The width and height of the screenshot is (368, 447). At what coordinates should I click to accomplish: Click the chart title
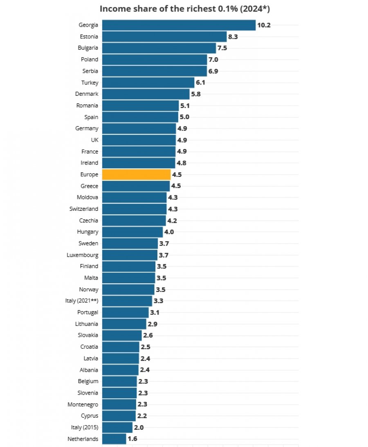pos(184,9)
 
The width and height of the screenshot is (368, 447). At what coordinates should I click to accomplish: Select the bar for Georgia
pos(179,25)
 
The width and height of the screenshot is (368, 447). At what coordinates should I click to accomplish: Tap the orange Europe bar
pos(137,174)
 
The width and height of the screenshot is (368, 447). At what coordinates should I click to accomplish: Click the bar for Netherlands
pos(114,439)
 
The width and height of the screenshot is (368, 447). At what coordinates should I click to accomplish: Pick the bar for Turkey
pos(148,83)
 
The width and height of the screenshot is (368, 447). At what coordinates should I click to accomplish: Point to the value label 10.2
pos(264,25)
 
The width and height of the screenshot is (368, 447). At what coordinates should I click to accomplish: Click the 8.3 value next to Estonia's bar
pos(233,36)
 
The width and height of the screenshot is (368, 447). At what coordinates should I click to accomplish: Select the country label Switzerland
pos(84,209)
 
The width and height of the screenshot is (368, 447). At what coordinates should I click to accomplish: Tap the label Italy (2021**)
pos(82,301)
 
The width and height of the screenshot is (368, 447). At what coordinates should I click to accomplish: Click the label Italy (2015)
pos(85,427)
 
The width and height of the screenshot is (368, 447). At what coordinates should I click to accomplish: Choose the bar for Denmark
pos(146,94)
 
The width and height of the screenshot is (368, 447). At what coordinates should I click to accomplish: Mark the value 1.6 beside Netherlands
pos(132,439)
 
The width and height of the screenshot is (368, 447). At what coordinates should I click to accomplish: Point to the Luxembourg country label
pos(83,255)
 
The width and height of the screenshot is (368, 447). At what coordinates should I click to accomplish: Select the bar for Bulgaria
pos(159,48)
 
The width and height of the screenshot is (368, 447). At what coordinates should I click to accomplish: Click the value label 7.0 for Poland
pos(213,60)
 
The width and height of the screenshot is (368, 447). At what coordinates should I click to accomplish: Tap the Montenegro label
pos(83,404)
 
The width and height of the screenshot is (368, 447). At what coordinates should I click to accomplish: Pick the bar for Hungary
pos(132,232)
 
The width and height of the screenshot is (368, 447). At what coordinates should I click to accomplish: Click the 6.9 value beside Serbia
pos(213,71)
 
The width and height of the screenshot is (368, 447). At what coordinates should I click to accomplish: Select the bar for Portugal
pos(126,312)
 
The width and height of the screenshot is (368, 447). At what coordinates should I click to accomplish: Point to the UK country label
pos(94,140)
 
